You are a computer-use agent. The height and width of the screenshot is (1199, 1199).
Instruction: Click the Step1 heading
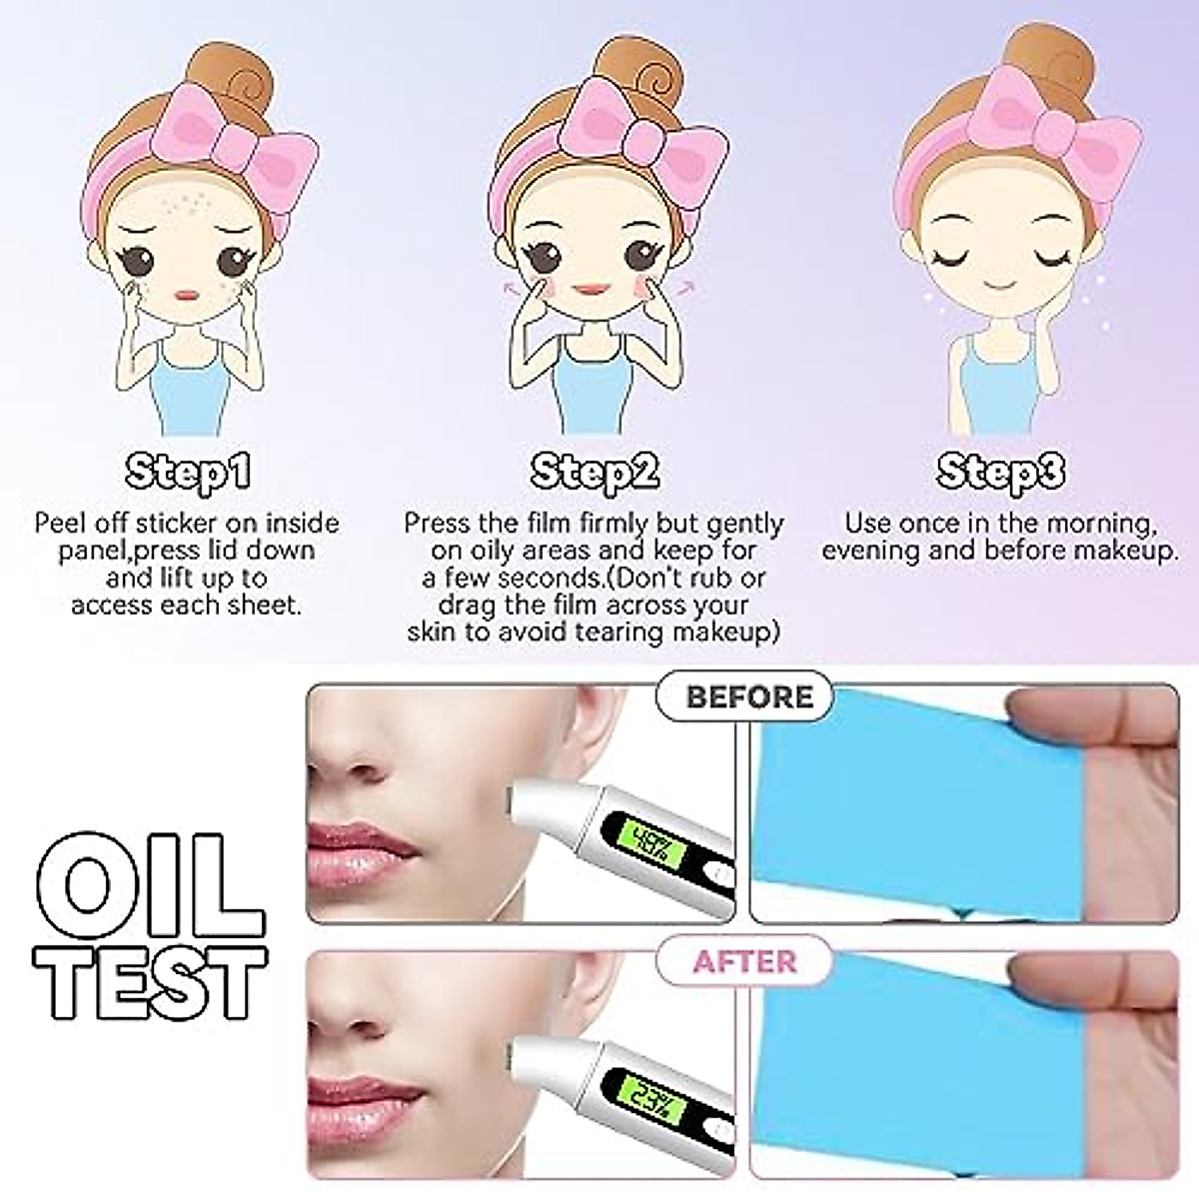pyautogui.click(x=186, y=472)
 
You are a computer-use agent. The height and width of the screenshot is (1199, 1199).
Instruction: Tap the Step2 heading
pyautogui.click(x=595, y=472)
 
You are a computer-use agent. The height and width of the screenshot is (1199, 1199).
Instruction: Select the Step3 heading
pyautogui.click(x=1000, y=472)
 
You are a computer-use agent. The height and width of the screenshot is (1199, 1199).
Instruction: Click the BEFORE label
pyautogui.click(x=749, y=696)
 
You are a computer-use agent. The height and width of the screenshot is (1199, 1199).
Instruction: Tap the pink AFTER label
pyautogui.click(x=745, y=961)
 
